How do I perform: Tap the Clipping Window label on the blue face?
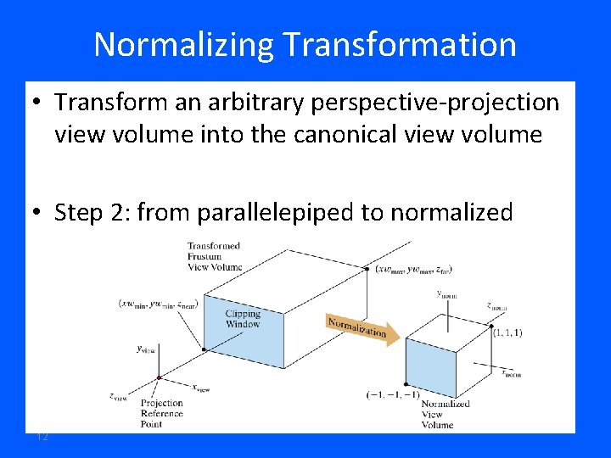point(243,319)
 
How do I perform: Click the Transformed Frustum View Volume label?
point(214,256)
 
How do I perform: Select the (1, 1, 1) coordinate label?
point(507,332)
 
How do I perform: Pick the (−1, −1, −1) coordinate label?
point(393,395)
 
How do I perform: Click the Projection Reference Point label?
point(161,413)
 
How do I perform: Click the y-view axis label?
point(146,349)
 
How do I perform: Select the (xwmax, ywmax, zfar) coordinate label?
point(413,269)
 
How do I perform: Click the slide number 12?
point(42,436)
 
